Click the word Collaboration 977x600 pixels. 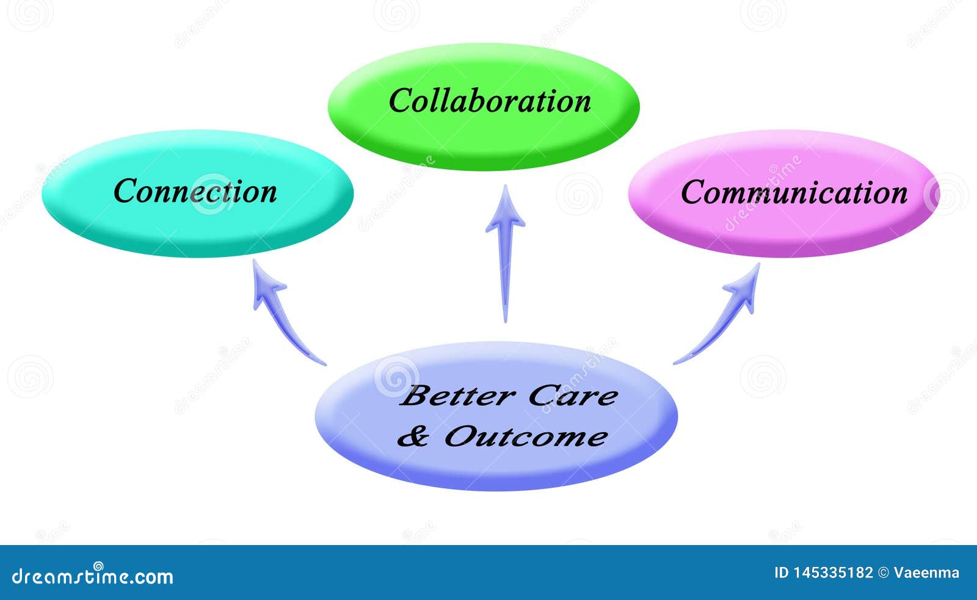click(490, 101)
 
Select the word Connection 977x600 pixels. click(195, 191)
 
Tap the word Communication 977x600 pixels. click(794, 192)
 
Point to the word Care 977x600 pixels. click(572, 396)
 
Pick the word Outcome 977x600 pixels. click(525, 436)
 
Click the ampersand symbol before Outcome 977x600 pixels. click(413, 436)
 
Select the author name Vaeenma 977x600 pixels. click(926, 573)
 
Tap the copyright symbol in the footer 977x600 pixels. click(883, 573)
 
